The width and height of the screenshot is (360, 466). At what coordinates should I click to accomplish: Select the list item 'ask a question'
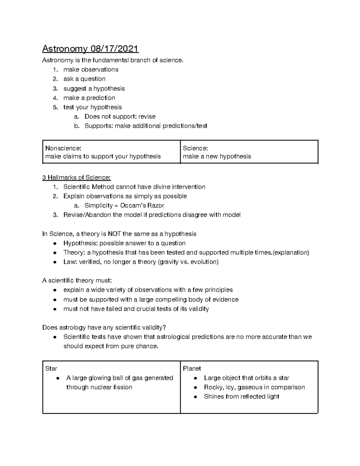84,79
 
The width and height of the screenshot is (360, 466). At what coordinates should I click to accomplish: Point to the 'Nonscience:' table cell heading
63,148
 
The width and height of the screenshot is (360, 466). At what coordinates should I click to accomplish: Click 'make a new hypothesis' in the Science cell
217,156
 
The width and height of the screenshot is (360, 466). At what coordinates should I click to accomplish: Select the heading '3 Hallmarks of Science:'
76,178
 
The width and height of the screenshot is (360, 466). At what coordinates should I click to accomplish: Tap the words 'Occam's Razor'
142,206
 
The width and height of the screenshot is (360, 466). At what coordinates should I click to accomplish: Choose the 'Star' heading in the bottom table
51,368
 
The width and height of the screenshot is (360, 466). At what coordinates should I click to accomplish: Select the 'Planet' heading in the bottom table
192,368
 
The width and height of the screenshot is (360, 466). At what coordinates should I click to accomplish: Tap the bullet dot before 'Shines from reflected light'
195,397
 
